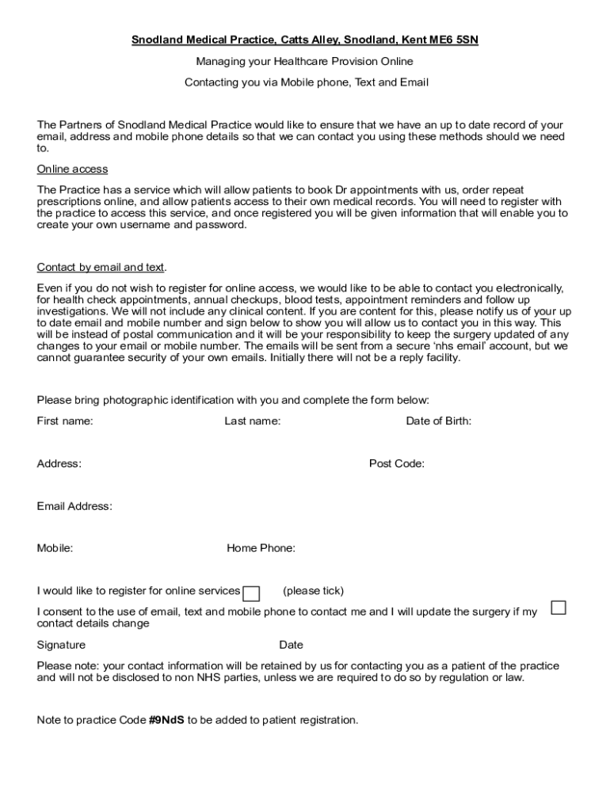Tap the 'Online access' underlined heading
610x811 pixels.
coord(72,169)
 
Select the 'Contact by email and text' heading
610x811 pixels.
coord(101,267)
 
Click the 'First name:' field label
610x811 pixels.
coord(65,421)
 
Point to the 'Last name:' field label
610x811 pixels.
coord(252,421)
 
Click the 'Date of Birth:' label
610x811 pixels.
coord(438,421)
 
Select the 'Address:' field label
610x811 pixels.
coord(59,464)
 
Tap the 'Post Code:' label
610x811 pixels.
coord(396,464)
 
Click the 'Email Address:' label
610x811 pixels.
coord(74,506)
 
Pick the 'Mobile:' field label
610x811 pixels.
coord(55,548)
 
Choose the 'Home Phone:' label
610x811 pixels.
coord(261,548)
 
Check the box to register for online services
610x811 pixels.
coord(251,594)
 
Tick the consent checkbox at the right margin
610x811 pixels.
coord(559,608)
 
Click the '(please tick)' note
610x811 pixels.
coord(313,591)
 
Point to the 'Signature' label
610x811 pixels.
coord(61,645)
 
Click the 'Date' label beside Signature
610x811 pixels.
coord(291,645)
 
